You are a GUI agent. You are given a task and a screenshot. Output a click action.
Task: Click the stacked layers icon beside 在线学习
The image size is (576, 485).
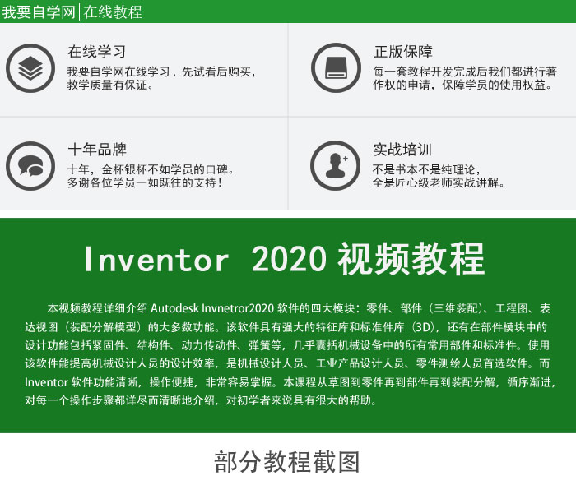coord(30,68)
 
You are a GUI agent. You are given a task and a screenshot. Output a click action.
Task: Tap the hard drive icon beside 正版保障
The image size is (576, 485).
coord(336,68)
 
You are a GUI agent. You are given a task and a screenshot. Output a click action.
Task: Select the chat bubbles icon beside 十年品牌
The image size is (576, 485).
coord(30,166)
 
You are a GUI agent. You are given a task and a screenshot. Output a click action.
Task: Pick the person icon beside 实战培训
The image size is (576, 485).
coord(336,165)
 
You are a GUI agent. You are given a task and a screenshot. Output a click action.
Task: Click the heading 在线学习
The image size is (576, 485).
coord(96,52)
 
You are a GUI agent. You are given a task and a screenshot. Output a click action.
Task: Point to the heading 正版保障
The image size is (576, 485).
coord(403,52)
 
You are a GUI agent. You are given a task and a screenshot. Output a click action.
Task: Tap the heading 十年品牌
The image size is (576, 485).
coord(97,150)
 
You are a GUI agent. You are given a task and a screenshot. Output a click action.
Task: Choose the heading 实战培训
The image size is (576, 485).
coord(402,150)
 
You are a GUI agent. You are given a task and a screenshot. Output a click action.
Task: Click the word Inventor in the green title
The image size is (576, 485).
coord(156,260)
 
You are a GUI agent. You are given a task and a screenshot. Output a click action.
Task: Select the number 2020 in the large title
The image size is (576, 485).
coord(289,259)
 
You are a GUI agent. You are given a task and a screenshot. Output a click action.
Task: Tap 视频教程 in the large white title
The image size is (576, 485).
coord(411,259)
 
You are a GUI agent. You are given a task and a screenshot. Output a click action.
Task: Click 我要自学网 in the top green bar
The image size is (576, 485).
coord(39,12)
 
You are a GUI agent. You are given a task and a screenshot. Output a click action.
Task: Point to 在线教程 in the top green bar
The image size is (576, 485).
coord(113,12)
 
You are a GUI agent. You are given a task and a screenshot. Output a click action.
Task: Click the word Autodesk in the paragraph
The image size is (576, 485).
coord(174,308)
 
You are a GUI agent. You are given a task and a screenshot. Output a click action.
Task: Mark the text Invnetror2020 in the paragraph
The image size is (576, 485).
coord(238,308)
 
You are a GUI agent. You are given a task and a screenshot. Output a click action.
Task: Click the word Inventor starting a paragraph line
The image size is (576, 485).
coord(47,382)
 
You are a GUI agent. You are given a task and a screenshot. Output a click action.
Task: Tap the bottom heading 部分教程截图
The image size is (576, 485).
coord(287,462)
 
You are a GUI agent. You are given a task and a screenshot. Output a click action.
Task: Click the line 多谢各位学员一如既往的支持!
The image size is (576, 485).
coord(145,182)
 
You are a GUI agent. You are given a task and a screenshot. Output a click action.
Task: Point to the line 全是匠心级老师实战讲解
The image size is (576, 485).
coord(438,182)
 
